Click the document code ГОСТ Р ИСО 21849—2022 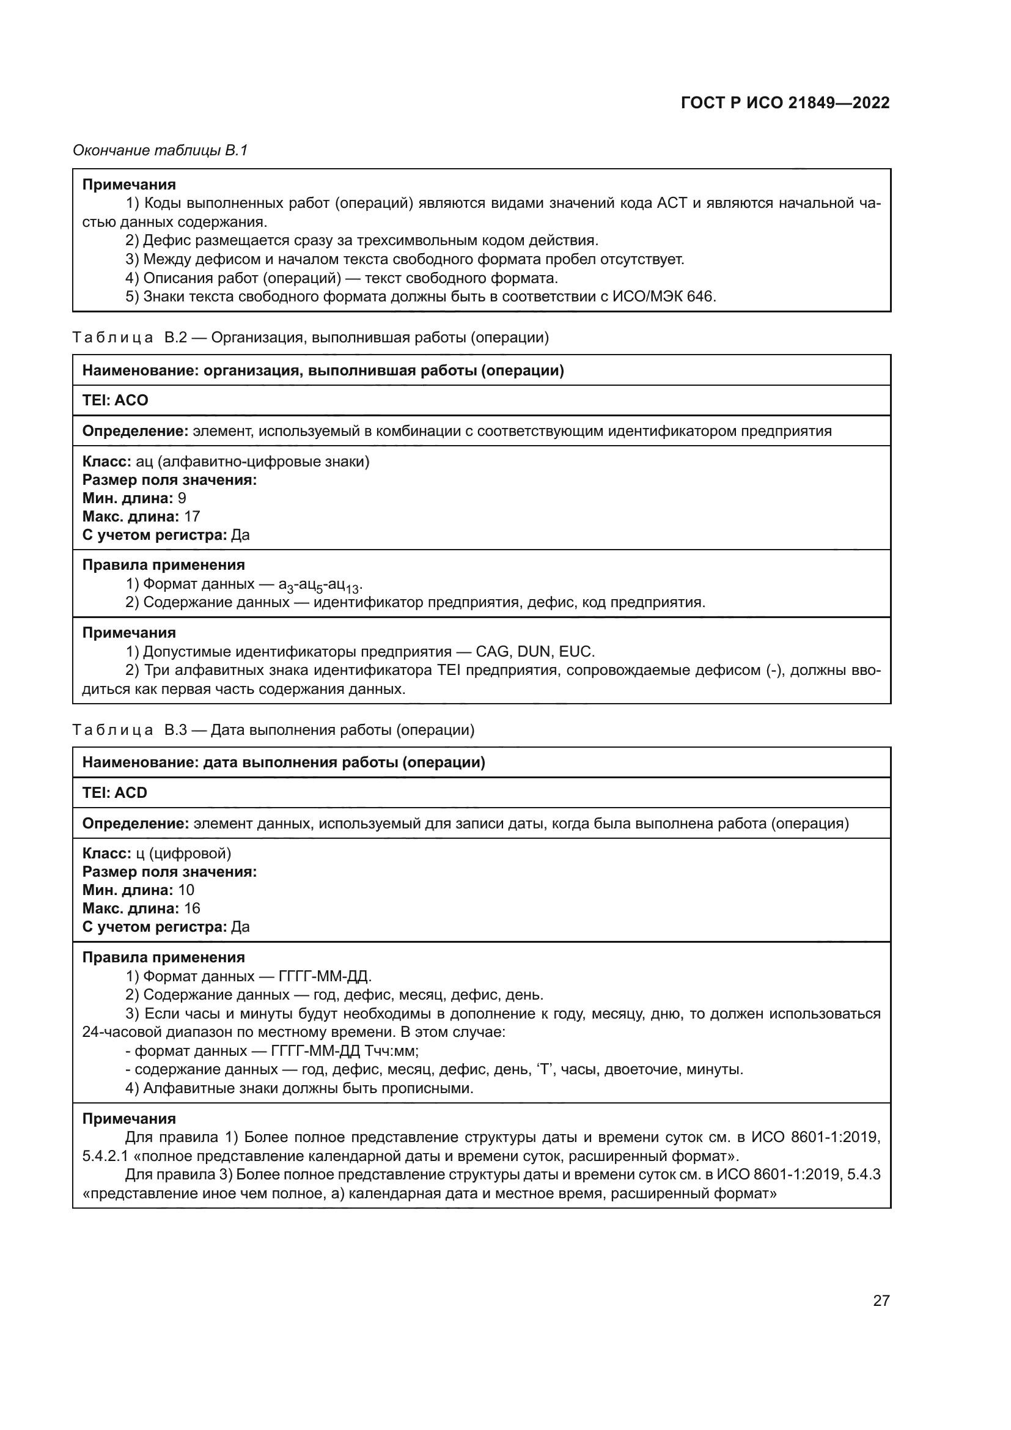point(785,103)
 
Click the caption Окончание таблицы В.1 point(160,150)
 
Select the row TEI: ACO point(115,400)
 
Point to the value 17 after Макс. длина point(192,517)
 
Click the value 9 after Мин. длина point(182,498)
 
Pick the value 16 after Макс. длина point(192,908)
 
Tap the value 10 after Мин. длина point(186,890)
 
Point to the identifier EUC point(576,652)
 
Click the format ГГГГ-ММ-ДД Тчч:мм point(344,1052)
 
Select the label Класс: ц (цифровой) point(157,853)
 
